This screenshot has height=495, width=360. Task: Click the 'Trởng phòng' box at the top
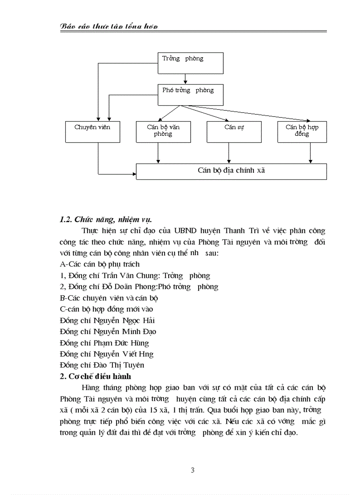(190, 63)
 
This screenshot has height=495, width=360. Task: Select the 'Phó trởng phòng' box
(190, 95)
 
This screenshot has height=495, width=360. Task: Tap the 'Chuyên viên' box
(92, 131)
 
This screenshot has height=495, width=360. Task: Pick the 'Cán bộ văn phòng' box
(163, 131)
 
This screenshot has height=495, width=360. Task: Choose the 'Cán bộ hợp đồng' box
(302, 131)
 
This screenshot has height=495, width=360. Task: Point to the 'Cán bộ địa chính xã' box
(231, 171)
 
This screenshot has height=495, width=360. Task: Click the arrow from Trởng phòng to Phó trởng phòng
(186, 79)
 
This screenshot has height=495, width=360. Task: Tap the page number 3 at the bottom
(192, 470)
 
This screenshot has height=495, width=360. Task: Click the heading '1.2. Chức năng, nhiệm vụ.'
(108, 219)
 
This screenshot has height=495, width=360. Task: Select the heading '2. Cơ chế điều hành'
(95, 376)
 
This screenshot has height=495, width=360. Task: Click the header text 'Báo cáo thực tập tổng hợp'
(109, 27)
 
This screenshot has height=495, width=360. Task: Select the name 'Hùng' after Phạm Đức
(139, 343)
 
